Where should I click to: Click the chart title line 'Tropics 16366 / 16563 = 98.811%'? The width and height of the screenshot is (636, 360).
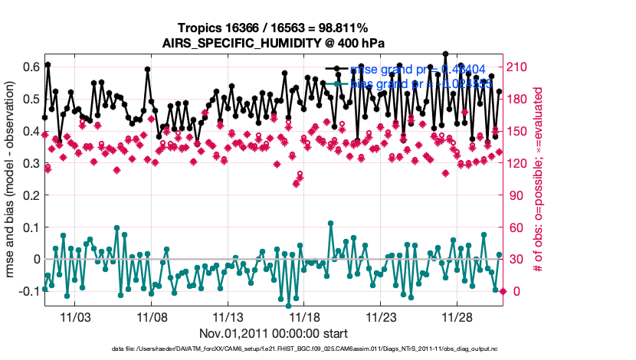click(273, 28)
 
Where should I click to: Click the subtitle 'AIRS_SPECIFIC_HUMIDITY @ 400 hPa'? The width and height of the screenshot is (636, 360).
click(273, 43)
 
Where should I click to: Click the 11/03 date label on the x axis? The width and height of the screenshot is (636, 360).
click(75, 317)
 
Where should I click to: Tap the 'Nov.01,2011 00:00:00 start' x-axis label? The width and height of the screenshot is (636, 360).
click(273, 333)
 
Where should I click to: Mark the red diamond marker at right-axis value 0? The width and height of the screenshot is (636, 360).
click(503, 291)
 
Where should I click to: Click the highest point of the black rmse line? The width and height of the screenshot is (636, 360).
click(445, 54)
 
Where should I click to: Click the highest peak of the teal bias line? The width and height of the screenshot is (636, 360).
click(330, 224)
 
